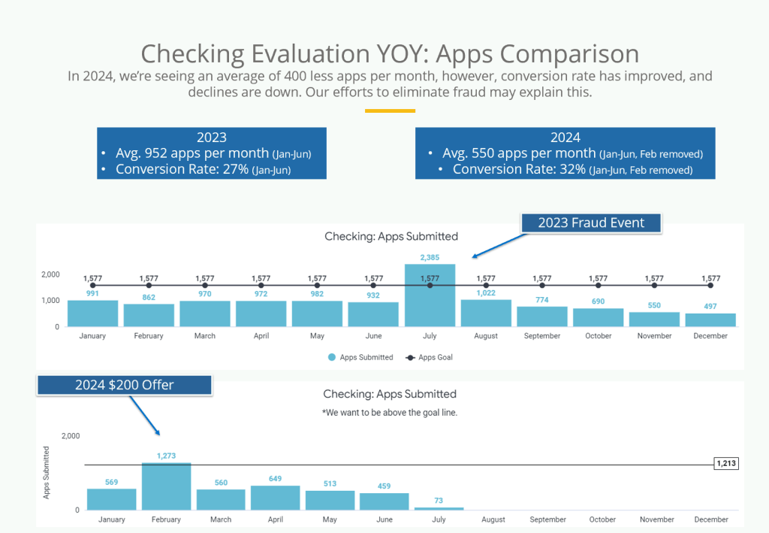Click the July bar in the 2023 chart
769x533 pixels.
pos(430,295)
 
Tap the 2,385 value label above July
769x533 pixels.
pos(430,257)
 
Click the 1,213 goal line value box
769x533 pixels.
pos(726,463)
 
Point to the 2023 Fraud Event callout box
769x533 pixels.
pos(591,223)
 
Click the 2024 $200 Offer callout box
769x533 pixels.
pos(124,385)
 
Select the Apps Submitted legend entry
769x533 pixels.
pos(360,357)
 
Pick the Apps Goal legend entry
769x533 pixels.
pos(429,357)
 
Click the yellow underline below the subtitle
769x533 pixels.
pos(390,111)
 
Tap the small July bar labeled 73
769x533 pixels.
pos(439,508)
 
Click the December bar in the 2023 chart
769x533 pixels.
pos(710,320)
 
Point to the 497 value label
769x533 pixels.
pos(710,306)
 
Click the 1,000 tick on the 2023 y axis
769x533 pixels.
pos(50,301)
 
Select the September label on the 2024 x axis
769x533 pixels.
pos(547,519)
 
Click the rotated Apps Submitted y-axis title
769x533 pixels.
pos(47,473)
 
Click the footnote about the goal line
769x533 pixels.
pos(390,413)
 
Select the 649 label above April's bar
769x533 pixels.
pos(275,479)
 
